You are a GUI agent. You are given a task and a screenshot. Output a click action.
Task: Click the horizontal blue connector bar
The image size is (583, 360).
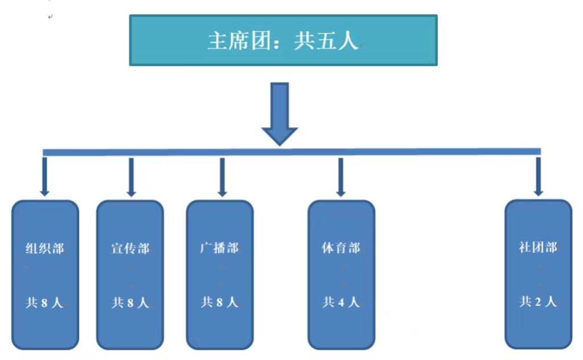click(291, 152)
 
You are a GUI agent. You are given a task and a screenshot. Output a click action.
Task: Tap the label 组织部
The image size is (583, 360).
click(45, 248)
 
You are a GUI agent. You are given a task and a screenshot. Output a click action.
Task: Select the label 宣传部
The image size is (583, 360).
click(130, 248)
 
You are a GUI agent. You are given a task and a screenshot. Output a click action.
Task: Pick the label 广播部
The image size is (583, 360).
click(219, 248)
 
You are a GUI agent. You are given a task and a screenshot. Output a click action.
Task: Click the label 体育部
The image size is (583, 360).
click(340, 248)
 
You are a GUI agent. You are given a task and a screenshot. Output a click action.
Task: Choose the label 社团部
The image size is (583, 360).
click(538, 248)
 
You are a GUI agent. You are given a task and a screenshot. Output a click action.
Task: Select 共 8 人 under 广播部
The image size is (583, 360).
click(219, 302)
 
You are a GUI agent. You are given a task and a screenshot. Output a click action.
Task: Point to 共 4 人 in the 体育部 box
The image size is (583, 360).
click(341, 302)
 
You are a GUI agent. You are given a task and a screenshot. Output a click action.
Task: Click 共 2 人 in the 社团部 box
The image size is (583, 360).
click(538, 302)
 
